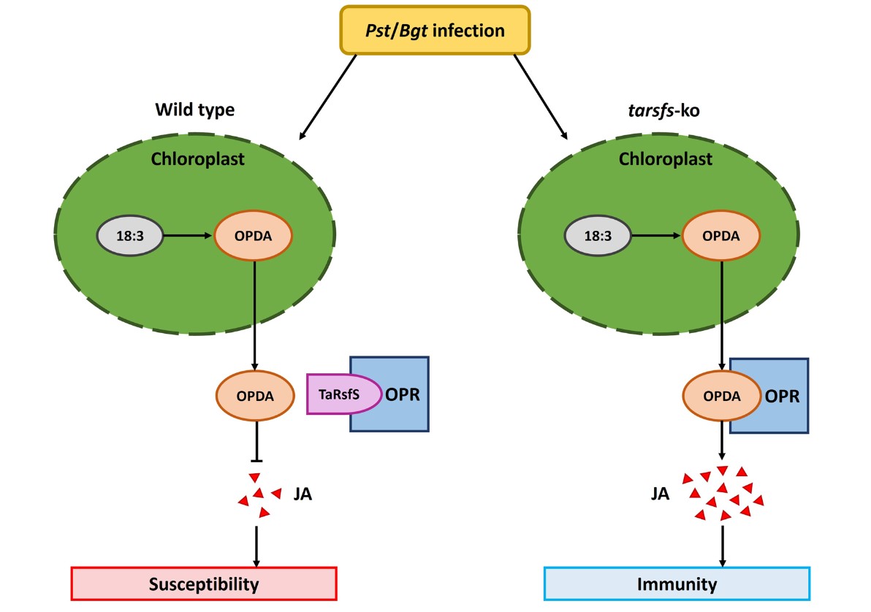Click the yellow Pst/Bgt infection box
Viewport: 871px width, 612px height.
tap(435, 30)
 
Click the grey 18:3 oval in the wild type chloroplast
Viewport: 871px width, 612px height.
tap(130, 236)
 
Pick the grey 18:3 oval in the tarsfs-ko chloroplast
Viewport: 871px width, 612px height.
tap(597, 236)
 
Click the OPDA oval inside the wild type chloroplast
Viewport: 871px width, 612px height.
tap(253, 236)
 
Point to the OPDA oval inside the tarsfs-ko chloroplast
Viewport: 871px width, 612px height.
tap(720, 236)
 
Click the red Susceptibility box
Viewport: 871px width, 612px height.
tap(204, 584)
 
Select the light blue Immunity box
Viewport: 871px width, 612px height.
tap(677, 584)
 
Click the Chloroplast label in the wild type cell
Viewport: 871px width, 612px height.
tap(197, 158)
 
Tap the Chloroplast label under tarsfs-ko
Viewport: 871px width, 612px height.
tap(665, 158)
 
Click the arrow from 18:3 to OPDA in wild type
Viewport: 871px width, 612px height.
tap(188, 236)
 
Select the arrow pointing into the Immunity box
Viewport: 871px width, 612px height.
tap(723, 545)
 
